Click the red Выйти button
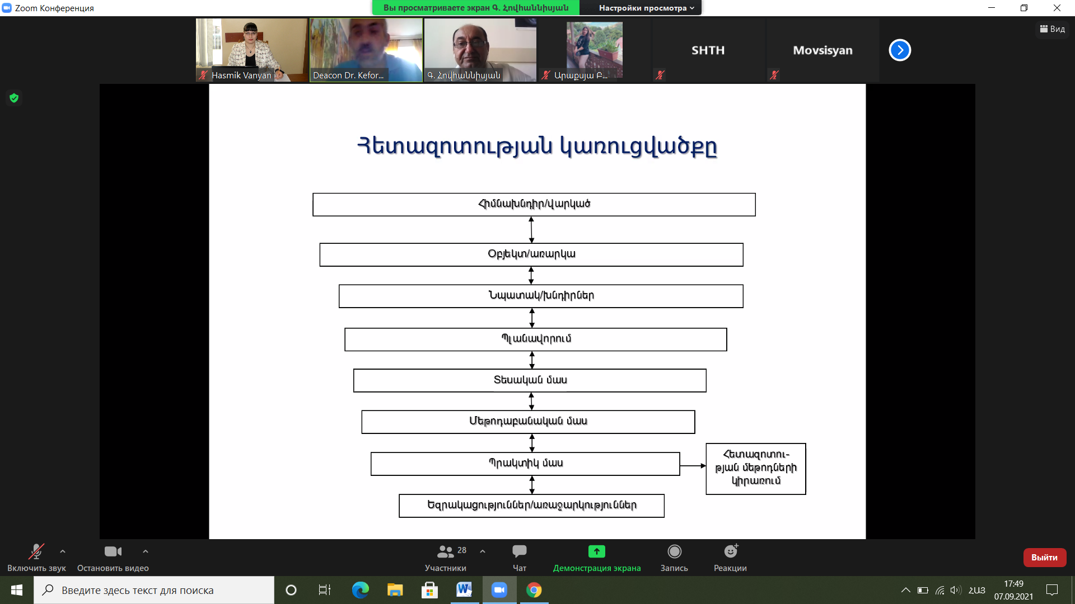tap(1044, 557)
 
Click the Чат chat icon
tap(520, 551)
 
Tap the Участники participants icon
tap(446, 551)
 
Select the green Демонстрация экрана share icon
tap(597, 551)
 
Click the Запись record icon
tap(675, 551)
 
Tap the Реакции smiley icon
tap(731, 551)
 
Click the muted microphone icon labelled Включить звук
tap(36, 551)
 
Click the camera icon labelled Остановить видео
tap(113, 551)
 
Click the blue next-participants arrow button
tap(900, 50)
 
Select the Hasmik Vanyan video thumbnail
tap(251, 50)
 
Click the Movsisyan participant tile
tap(822, 50)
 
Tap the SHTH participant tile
tap(708, 50)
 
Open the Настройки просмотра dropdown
tap(646, 8)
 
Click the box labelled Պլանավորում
tap(536, 339)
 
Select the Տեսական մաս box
tap(530, 380)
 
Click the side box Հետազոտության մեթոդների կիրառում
tap(756, 469)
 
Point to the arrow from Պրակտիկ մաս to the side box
tap(693, 465)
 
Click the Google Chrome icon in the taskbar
tap(534, 590)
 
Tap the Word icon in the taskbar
tap(464, 590)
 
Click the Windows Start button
tap(17, 590)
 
